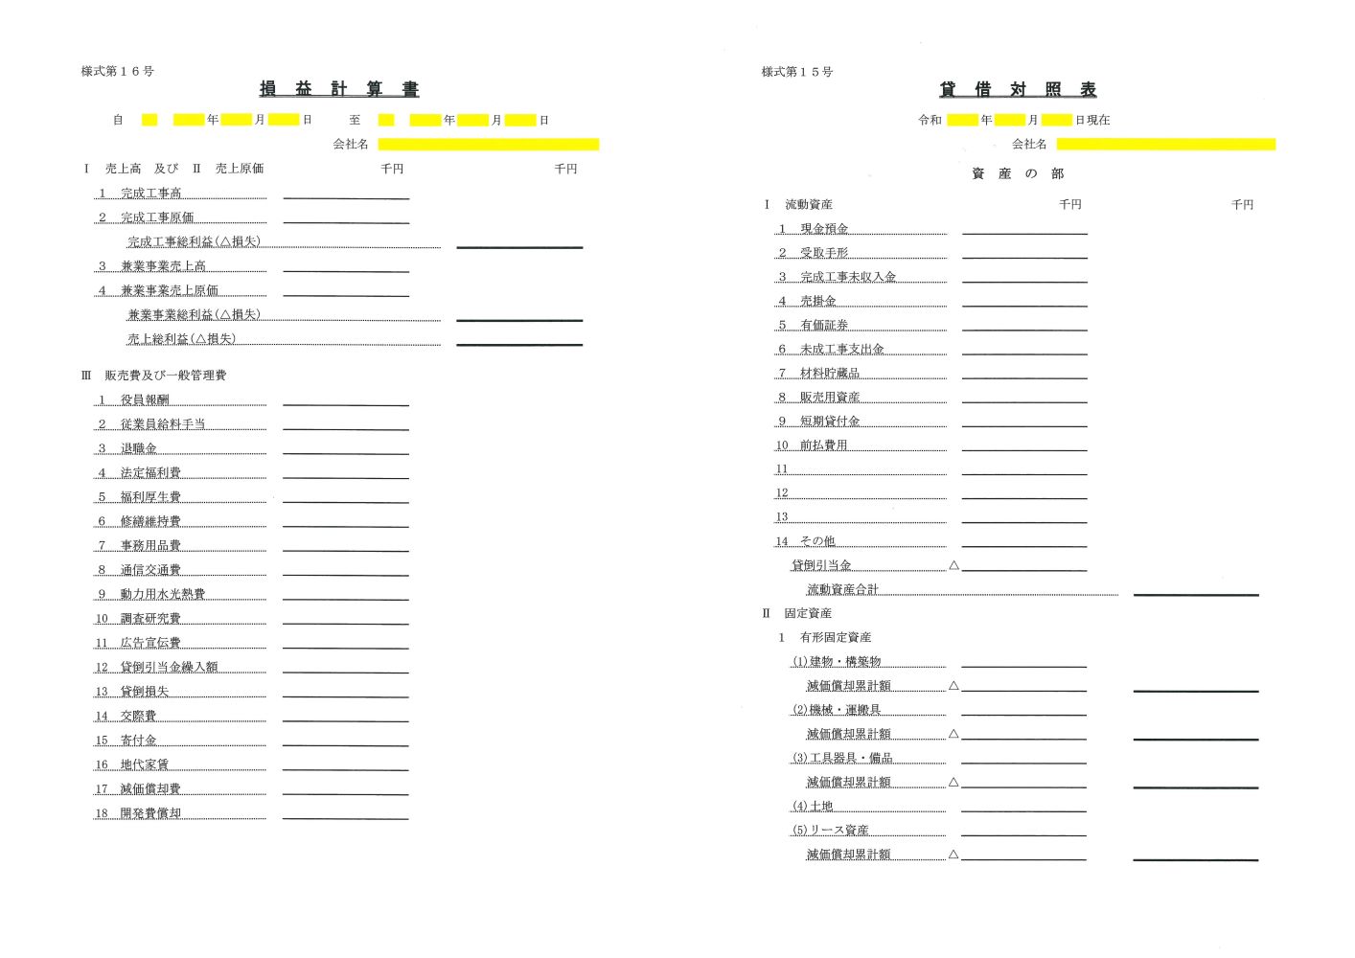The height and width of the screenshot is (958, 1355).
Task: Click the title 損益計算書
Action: tap(339, 89)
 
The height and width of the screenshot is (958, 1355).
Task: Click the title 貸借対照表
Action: tap(1018, 89)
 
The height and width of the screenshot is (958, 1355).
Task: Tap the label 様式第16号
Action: tap(117, 71)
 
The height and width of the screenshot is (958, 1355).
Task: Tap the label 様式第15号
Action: tap(796, 72)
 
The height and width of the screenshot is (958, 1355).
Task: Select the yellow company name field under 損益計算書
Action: tap(488, 145)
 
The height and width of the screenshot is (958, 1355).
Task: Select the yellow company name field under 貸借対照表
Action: tap(1165, 145)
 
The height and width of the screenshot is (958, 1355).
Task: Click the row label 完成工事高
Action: tap(150, 194)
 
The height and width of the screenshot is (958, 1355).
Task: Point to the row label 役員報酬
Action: tap(145, 400)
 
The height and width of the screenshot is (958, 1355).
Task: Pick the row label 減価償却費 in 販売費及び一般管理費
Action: tap(150, 789)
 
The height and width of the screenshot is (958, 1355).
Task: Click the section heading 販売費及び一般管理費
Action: tap(165, 376)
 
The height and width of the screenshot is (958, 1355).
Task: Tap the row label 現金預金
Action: tap(824, 229)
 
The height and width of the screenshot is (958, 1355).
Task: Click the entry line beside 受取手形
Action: tap(1024, 257)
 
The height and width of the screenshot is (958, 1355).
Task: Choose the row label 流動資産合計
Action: tap(842, 589)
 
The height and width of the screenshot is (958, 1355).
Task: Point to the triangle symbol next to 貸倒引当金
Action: tap(953, 565)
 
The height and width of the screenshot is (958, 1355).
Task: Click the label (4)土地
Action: tap(812, 806)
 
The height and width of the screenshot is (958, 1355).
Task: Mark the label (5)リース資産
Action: tap(830, 830)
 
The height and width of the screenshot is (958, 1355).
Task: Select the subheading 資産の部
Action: tap(1018, 173)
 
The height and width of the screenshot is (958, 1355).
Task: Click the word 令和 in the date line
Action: tap(930, 120)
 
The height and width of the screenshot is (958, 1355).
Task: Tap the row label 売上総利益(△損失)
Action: tap(181, 339)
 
